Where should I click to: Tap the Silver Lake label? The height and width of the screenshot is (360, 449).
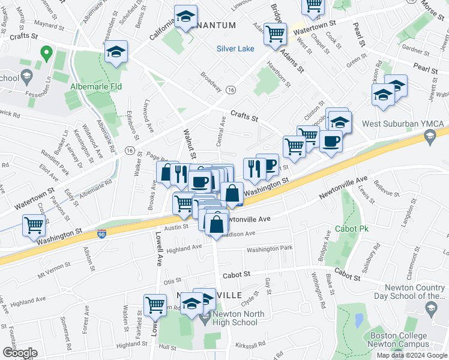pos(235,49)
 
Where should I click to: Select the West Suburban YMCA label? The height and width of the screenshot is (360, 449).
pos(403,124)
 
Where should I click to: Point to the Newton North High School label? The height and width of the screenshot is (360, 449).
pos(235,321)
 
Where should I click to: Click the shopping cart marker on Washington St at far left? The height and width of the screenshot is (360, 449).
pos(34,226)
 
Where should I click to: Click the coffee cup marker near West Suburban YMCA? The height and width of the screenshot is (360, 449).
pos(331,142)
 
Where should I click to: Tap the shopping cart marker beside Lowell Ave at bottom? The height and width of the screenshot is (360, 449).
pos(155,305)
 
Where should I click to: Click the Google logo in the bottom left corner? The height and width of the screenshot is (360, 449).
pos(20,353)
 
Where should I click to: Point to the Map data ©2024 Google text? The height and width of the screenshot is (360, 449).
pos(412,355)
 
